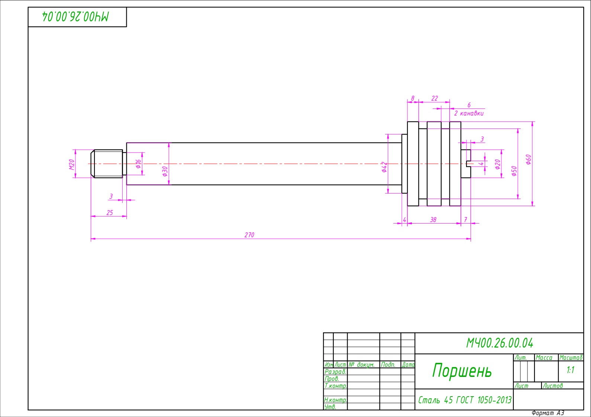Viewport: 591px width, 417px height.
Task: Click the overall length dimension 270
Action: click(249, 235)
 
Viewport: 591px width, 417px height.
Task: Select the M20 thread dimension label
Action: click(72, 164)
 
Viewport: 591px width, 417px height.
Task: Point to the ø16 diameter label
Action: click(138, 164)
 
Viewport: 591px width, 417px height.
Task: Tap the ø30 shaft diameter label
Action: click(165, 171)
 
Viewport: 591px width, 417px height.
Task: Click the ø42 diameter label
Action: click(384, 167)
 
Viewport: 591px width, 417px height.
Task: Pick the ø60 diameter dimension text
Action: click(528, 159)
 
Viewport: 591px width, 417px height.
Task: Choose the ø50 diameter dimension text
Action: click(514, 171)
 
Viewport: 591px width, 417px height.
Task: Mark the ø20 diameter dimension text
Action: click(498, 164)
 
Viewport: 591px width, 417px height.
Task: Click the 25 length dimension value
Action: click(110, 213)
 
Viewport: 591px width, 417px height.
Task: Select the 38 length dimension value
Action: click(433, 220)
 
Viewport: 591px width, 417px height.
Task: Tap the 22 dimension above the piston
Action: click(435, 98)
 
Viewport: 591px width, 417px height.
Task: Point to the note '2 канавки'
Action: click(469, 113)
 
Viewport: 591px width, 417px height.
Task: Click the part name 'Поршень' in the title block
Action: click(462, 371)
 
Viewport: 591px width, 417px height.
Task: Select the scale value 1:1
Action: click(571, 370)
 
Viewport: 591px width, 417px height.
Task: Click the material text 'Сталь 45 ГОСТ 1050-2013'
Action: click(465, 400)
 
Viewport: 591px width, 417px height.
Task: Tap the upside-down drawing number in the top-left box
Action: click(75, 17)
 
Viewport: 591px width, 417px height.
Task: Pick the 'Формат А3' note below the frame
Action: click(548, 413)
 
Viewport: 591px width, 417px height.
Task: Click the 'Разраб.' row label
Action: click(335, 372)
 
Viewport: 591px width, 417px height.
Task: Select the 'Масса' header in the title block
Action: click(544, 358)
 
